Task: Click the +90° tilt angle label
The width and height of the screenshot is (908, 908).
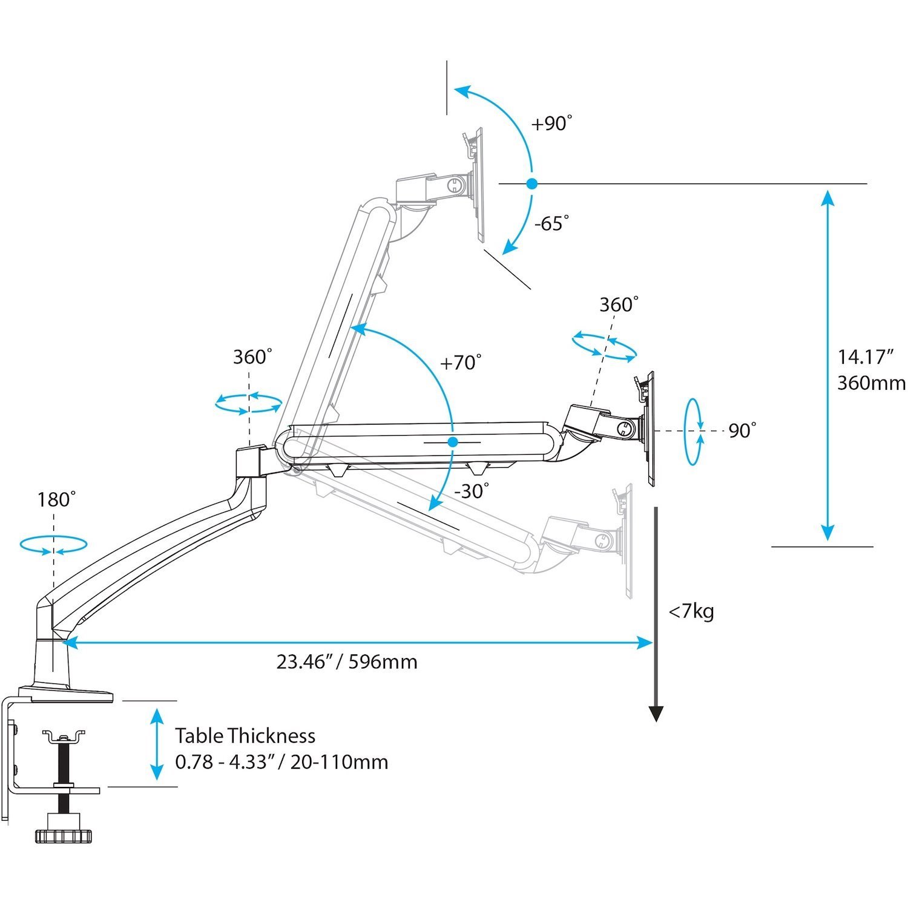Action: tap(551, 123)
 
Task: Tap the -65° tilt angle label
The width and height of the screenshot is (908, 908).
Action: tap(551, 223)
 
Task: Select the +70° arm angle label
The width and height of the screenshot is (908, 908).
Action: tap(461, 363)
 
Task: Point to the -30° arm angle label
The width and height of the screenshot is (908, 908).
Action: tap(471, 491)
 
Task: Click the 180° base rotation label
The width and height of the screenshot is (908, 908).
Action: tap(56, 500)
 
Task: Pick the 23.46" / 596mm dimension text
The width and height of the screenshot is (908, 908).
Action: tap(347, 662)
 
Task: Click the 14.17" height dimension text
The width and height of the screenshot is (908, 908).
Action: tap(866, 357)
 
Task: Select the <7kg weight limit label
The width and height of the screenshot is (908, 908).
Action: tap(691, 611)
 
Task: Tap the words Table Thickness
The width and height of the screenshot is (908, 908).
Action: tap(245, 736)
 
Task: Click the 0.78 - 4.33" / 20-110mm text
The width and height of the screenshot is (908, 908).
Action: tap(281, 762)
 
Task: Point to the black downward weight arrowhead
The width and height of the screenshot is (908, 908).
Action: tap(656, 714)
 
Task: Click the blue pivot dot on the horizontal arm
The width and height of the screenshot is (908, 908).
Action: tap(452, 442)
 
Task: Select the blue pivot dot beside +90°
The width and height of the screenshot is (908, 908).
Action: tap(531, 183)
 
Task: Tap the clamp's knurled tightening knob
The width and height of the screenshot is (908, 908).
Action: tap(64, 836)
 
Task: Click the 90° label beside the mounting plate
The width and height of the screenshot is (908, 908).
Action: tap(742, 431)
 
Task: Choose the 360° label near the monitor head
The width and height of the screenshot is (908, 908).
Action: tap(619, 304)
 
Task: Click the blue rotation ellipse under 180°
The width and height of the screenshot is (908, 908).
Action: tap(53, 544)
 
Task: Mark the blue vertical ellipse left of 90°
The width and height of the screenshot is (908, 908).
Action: tap(693, 431)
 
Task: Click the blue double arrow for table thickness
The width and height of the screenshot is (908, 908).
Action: tap(157, 744)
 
